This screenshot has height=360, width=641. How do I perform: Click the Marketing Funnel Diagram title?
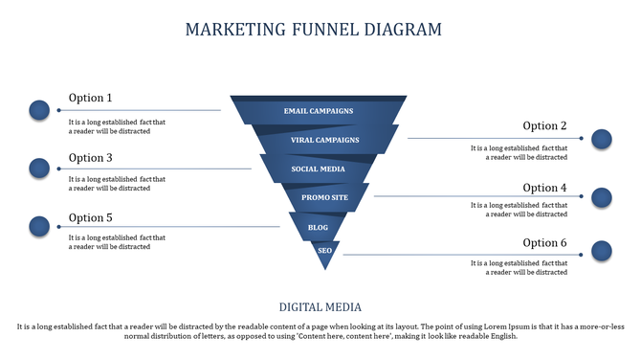[313, 30]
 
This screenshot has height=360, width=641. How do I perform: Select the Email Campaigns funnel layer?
[319, 111]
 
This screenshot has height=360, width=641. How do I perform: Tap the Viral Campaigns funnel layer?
[324, 140]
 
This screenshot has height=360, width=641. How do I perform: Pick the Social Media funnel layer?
[319, 169]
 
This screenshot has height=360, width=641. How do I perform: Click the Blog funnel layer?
[319, 227]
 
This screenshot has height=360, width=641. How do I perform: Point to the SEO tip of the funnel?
[324, 252]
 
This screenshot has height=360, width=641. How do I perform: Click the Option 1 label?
[91, 98]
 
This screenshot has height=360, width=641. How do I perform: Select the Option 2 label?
[544, 126]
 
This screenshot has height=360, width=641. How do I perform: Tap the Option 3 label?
[91, 158]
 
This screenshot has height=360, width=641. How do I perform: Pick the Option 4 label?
[544, 188]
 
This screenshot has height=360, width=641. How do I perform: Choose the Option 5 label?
[91, 217]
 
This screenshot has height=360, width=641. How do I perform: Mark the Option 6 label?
[544, 243]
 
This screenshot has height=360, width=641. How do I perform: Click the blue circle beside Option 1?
[39, 110]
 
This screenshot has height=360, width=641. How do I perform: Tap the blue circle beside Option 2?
[601, 140]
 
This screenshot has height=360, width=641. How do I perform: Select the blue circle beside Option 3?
[39, 169]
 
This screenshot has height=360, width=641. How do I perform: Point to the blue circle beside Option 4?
[601, 198]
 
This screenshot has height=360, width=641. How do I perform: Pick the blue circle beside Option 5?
[39, 227]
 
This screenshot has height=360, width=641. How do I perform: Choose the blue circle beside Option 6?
[601, 252]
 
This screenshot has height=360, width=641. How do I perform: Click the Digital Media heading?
[320, 307]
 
